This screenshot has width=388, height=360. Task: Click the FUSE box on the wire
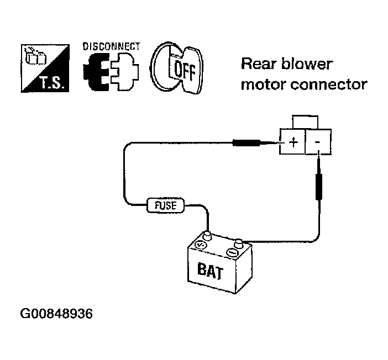(166, 205)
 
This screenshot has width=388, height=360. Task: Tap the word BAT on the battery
(211, 271)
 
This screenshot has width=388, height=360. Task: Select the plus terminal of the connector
(292, 142)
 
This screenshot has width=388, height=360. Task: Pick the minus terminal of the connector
(318, 142)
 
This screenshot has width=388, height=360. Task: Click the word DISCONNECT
(112, 46)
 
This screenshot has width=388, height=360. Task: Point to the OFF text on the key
(185, 70)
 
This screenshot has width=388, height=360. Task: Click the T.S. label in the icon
(53, 82)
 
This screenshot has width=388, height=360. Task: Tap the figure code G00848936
(56, 314)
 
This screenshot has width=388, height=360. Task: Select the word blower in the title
(307, 64)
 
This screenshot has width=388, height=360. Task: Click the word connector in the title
(329, 84)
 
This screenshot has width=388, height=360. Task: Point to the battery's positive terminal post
(207, 236)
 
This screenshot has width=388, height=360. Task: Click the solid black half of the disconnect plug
(97, 72)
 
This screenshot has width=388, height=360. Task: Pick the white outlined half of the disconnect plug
(125, 72)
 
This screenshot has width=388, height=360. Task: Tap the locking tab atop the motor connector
(305, 122)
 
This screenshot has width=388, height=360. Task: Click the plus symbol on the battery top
(200, 245)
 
